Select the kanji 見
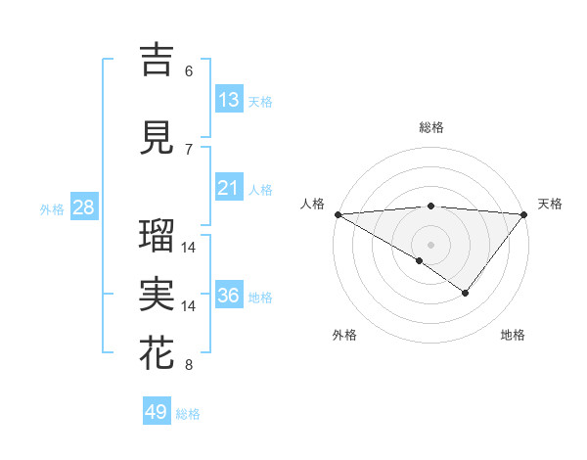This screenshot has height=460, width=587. (x=158, y=137)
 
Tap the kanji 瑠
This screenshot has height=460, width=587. (x=158, y=235)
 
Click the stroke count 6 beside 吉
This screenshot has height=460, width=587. (x=189, y=70)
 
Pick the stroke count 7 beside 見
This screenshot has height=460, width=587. (x=189, y=149)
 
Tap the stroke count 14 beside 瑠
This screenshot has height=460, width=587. (x=189, y=247)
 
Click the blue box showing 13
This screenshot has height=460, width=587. (x=229, y=99)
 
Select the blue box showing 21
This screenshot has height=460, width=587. (x=229, y=187)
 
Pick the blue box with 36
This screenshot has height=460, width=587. (x=229, y=296)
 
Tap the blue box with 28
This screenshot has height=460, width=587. (x=83, y=207)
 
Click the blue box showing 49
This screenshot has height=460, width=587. (x=157, y=412)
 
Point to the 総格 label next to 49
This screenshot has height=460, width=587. (x=188, y=414)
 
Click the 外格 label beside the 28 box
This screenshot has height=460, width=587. (x=52, y=209)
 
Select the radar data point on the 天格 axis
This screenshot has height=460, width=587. (x=524, y=214)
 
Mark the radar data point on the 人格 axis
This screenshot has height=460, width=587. (x=337, y=214)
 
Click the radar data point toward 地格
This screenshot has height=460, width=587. (x=466, y=293)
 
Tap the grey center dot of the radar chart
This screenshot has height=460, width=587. (x=430, y=244)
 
